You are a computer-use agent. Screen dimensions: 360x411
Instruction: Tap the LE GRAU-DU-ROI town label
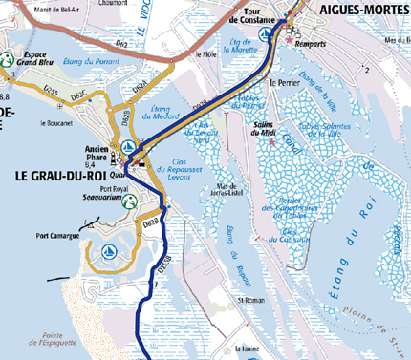coord(59,176)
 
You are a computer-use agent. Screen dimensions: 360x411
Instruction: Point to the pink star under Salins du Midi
coord(271,142)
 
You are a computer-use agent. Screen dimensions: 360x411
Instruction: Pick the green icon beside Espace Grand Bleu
coord(7,58)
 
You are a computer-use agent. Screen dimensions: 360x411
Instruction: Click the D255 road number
coord(51,92)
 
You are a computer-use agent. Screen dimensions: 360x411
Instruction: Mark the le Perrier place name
coord(284,83)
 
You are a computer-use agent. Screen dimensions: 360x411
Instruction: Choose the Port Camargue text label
coord(57,234)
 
